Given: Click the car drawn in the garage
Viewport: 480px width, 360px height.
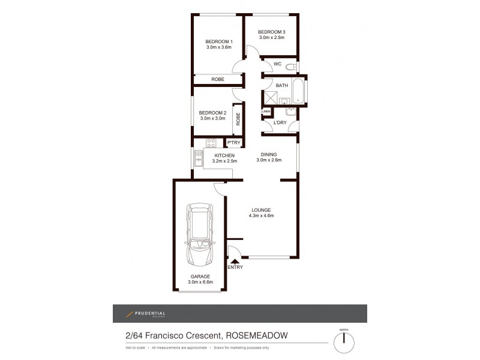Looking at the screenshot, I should click(x=200, y=235).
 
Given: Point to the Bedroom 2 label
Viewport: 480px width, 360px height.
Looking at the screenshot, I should click(x=212, y=112).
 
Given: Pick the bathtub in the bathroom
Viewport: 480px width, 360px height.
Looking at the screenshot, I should click(x=298, y=91).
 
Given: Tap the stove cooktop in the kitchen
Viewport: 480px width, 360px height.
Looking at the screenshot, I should click(x=211, y=143).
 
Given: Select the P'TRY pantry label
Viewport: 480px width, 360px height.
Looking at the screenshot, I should click(x=233, y=142).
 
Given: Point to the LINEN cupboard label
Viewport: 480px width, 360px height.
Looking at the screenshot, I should click(x=266, y=111).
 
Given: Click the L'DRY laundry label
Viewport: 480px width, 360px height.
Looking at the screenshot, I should click(x=280, y=123).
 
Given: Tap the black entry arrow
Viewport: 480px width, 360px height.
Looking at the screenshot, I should click(x=234, y=260).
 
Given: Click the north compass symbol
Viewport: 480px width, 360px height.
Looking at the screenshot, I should click(x=344, y=342).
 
